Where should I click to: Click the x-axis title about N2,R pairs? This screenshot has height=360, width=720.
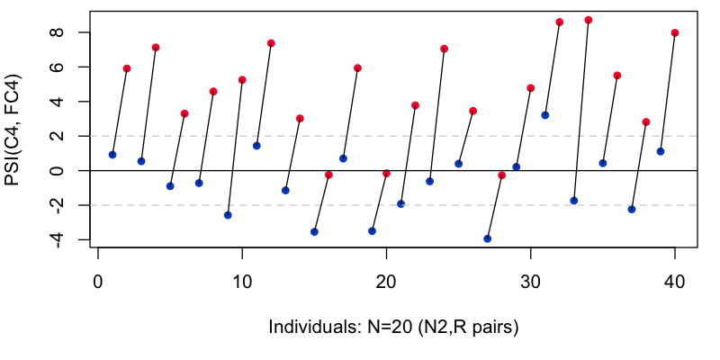pos(394,326)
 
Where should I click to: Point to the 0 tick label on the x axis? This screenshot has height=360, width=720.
pos(98,281)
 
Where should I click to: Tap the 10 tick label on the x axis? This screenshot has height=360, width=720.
pos(242,281)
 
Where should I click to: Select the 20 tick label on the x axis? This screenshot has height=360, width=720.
pos(386,281)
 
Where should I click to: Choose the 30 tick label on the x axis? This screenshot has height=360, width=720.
pos(530,281)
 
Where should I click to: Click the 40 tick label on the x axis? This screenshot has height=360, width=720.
pos(674,281)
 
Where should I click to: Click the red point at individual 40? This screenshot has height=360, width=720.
pos(675,33)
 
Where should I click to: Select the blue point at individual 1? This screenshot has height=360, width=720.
pos(112,155)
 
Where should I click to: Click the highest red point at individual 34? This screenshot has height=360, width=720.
pos(589,20)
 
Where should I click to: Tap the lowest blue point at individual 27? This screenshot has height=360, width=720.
pos(487,238)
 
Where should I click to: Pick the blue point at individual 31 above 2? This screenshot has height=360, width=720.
pos(545,115)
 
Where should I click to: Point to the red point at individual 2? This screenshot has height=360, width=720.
pos(127,68)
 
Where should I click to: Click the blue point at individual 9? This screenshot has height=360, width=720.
pos(228,215)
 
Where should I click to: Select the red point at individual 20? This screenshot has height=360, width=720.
pos(387,173)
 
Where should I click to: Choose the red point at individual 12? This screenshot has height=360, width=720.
pos(271,43)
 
